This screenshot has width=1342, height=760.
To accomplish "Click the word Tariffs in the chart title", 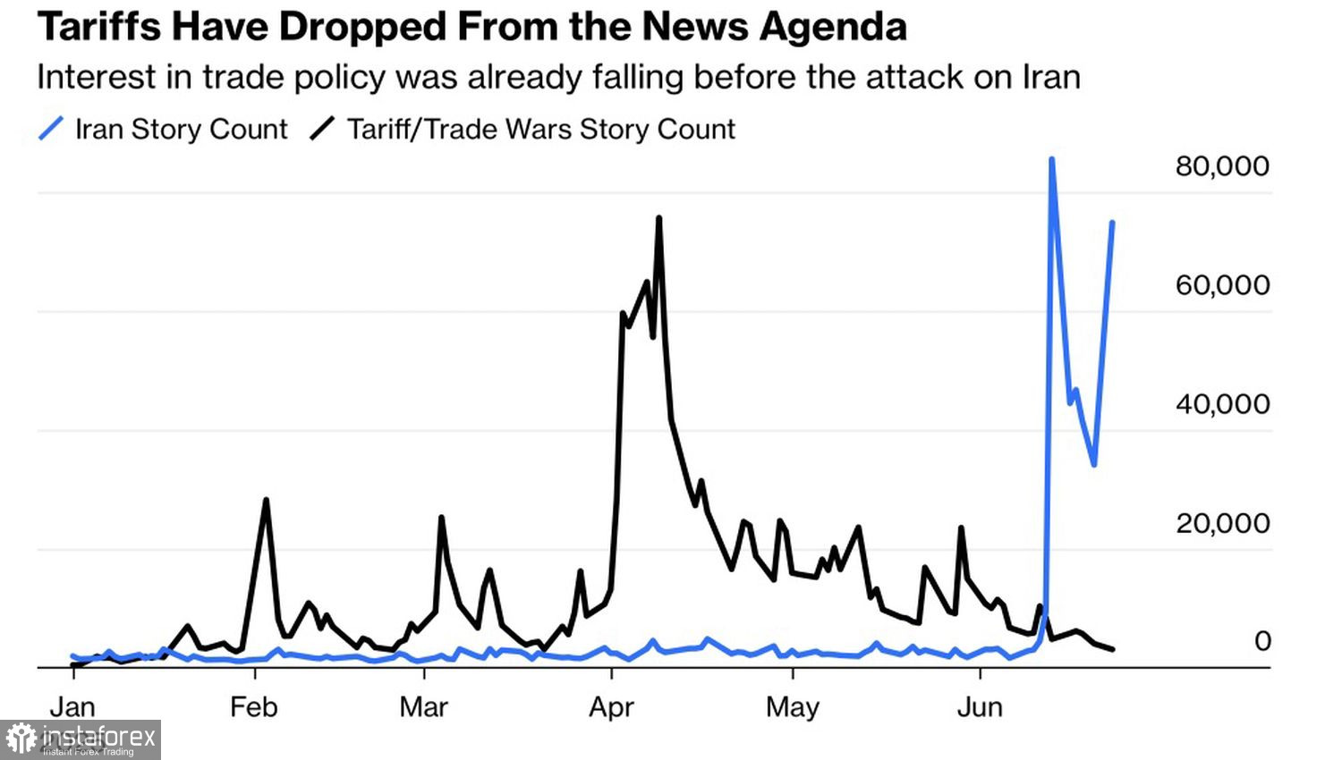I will [98, 27].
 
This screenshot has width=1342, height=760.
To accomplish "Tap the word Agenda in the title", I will [834, 27].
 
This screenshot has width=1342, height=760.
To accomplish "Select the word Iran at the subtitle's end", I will [1051, 77].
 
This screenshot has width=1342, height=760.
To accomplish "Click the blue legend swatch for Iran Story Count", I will [51, 129].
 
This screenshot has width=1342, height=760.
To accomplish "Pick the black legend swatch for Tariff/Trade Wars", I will [322, 129].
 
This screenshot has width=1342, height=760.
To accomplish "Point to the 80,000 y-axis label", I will [1222, 166].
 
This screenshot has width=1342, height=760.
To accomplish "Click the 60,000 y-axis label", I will [1222, 285].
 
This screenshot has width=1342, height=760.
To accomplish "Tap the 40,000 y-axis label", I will [1222, 404].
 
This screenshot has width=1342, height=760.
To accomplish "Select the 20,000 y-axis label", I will [1222, 523].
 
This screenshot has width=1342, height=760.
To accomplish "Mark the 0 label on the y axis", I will [1262, 641].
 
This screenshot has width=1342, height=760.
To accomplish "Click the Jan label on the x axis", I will [72, 707].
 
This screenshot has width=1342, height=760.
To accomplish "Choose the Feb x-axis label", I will [253, 707].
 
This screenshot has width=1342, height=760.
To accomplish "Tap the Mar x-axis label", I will [423, 707].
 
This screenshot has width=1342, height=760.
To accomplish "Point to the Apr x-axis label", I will [611, 707].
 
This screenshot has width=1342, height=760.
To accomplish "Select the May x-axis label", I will [793, 707].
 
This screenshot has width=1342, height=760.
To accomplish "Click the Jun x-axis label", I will [980, 707].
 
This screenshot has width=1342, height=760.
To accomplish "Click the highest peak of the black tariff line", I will [658, 218].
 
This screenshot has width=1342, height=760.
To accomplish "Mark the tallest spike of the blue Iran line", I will [1052, 160].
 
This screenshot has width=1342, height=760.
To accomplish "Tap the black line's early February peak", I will [266, 501].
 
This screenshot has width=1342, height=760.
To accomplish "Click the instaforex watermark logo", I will [81, 739].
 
